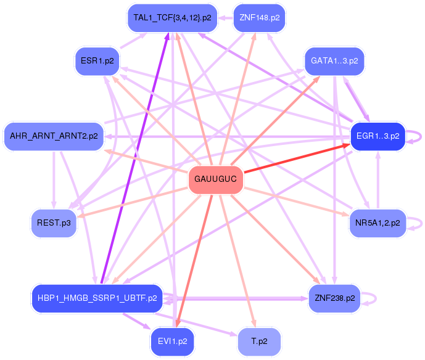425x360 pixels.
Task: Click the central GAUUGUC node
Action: point(215,180)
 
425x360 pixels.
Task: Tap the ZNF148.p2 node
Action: point(260,18)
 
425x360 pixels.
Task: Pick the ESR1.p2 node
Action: point(97,61)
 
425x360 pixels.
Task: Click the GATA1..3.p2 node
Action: point(334,62)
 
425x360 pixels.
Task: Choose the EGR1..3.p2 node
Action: point(377,136)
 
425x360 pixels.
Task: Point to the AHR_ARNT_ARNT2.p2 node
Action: point(53,136)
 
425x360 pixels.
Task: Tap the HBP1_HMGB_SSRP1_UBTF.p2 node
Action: point(97,298)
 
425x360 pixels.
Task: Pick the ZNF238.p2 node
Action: point(334,298)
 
